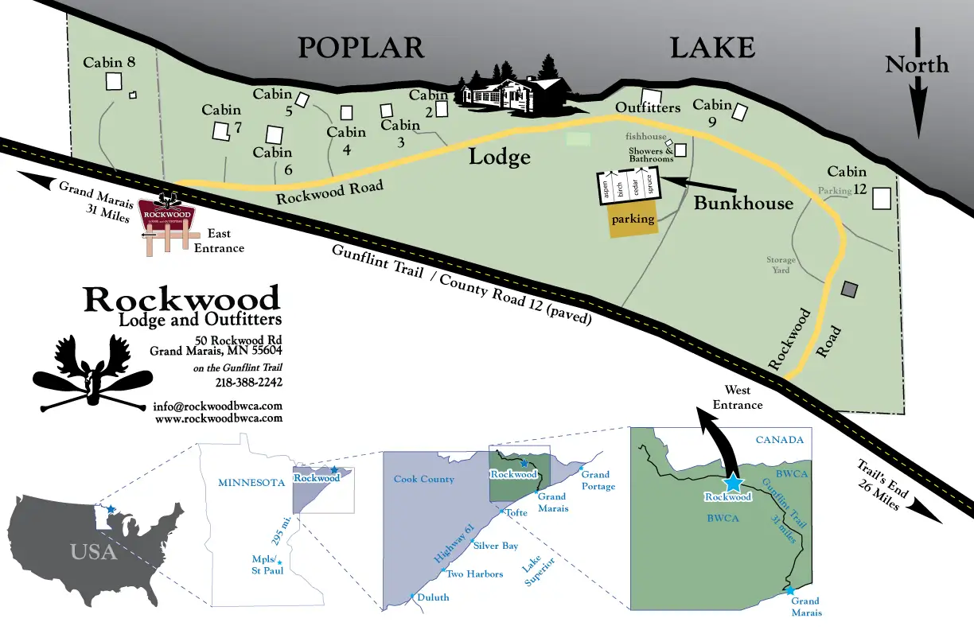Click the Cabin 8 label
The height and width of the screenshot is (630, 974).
(110, 62)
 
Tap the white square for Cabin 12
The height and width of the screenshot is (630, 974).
(881, 198)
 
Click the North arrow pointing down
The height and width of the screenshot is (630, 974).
(918, 95)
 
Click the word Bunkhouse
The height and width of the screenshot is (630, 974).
(743, 204)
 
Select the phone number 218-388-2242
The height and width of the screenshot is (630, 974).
(249, 383)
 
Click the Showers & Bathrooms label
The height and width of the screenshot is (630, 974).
(651, 154)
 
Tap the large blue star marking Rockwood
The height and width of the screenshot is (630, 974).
(732, 482)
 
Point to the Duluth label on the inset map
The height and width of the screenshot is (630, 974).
(433, 597)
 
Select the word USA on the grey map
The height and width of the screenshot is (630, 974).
(93, 551)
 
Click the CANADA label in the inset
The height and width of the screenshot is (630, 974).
(780, 440)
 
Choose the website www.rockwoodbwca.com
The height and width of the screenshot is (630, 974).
(218, 418)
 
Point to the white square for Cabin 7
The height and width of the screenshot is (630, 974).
(220, 131)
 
